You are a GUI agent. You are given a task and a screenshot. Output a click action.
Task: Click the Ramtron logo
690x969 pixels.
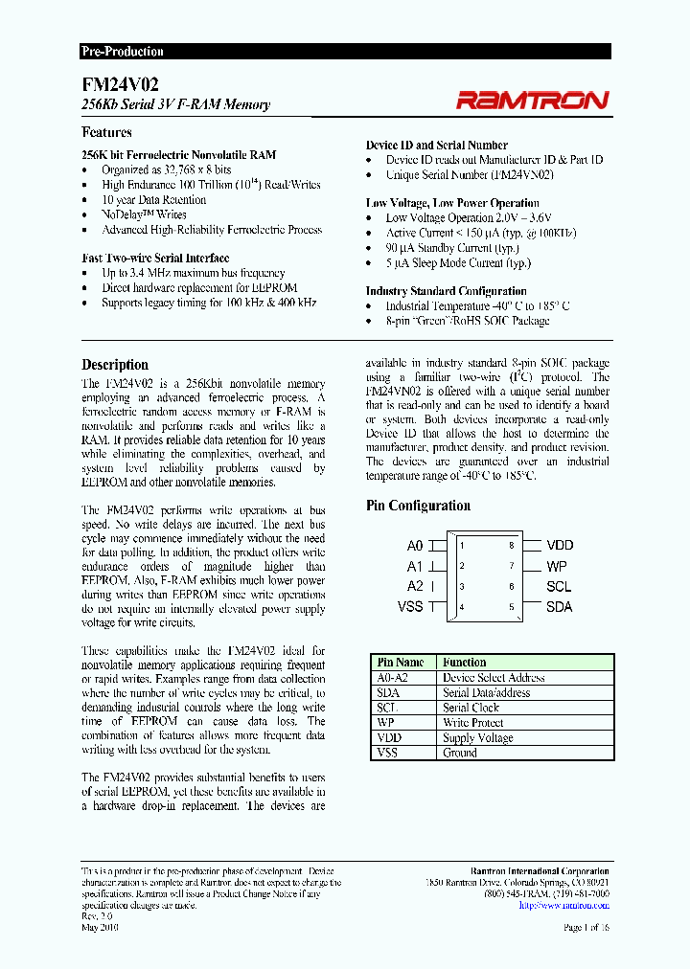tap(532, 100)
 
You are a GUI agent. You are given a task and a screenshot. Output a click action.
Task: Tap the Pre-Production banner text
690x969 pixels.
tap(122, 52)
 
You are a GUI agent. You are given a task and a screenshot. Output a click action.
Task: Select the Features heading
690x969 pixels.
tap(106, 133)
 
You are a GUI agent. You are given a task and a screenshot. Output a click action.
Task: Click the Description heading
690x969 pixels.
tap(115, 365)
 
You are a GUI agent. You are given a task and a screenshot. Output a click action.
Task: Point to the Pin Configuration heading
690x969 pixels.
tap(418, 506)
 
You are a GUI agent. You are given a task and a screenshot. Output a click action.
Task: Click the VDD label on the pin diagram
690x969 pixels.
tap(560, 545)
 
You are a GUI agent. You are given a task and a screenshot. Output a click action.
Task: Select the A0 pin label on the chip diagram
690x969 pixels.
tap(414, 546)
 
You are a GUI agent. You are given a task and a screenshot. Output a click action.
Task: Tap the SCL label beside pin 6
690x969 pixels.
tap(559, 586)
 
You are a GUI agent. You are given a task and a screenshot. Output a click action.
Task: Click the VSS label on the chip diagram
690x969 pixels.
tap(410, 606)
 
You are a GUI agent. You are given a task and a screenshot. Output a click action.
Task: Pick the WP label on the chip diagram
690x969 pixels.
tap(557, 566)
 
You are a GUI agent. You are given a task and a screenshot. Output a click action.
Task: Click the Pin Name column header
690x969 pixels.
tap(401, 663)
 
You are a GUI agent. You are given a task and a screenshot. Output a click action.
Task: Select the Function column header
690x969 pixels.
tap(464, 663)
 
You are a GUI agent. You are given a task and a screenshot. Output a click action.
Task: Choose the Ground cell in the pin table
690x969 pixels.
tap(460, 754)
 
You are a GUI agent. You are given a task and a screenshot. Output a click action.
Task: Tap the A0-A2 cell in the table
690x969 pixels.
tap(394, 678)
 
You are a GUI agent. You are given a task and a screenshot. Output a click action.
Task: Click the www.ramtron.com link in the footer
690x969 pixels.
tap(574, 904)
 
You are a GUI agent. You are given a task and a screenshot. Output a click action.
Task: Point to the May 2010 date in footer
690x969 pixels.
tap(100, 928)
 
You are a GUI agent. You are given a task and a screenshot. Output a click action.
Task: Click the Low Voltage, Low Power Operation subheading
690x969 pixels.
tap(452, 203)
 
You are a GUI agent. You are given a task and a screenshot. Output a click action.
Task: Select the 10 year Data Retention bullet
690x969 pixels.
tap(153, 200)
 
